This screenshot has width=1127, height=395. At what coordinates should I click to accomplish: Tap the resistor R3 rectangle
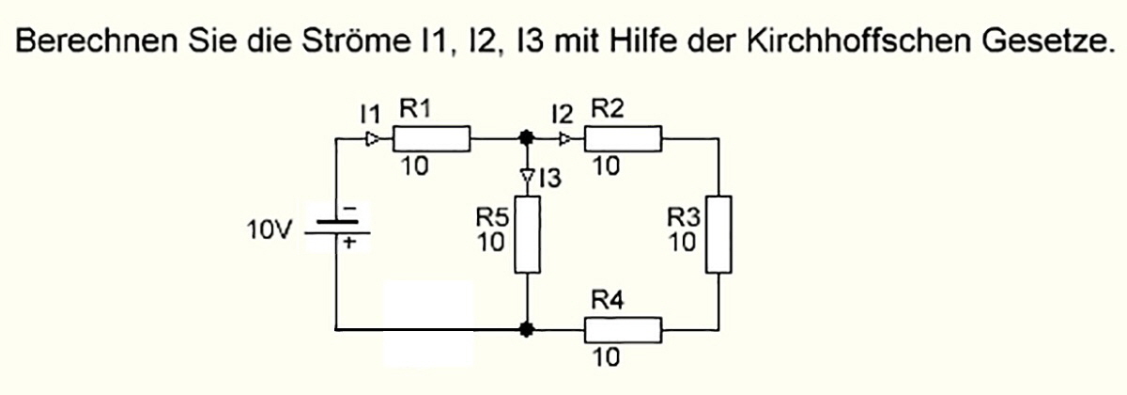(x=718, y=233)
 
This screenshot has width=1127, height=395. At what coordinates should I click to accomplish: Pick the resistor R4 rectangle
(x=625, y=330)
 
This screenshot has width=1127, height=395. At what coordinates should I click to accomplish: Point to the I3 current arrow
(x=528, y=176)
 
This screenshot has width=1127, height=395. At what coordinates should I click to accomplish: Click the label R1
(x=416, y=108)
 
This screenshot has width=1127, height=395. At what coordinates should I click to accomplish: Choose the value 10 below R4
(x=606, y=358)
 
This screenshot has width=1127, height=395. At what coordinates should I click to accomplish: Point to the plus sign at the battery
(x=349, y=242)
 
